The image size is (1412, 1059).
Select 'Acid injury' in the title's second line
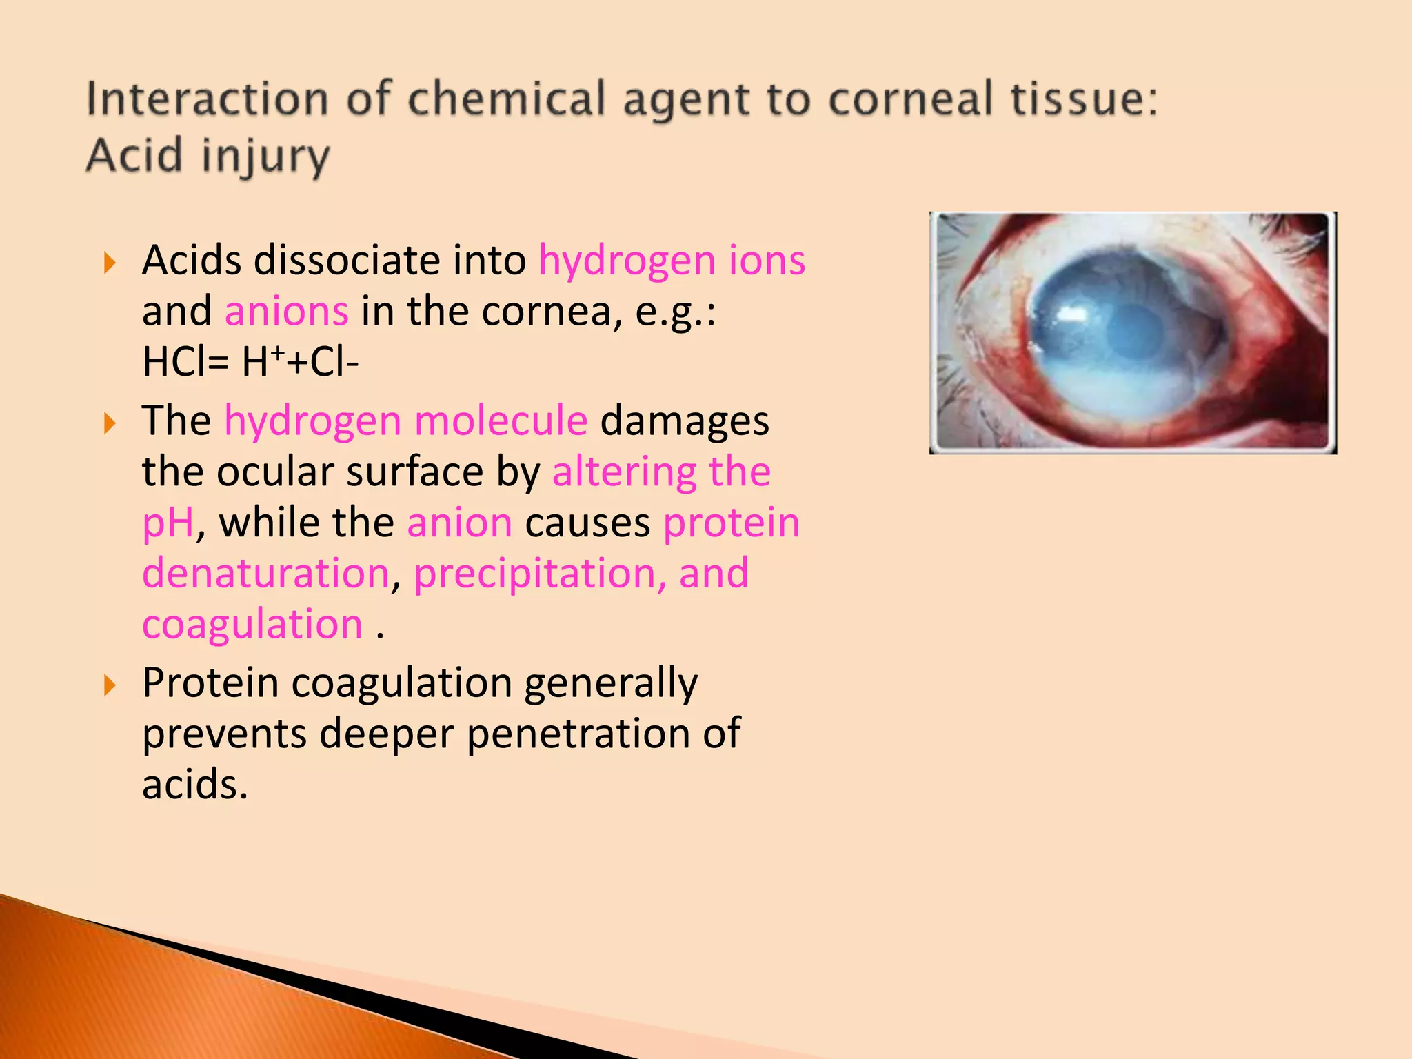coord(208,156)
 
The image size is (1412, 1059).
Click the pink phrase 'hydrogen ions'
coord(672,261)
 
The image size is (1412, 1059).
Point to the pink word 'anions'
coord(286,312)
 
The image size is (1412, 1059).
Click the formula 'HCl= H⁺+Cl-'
coord(250,362)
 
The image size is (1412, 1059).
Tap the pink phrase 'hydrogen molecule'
coord(406,421)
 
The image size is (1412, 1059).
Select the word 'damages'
coord(685,421)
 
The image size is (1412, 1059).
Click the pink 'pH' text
coord(168,523)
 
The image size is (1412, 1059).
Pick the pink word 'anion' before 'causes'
coord(460,523)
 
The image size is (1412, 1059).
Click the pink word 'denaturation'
coord(266,574)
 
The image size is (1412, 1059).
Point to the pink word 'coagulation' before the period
coord(252,625)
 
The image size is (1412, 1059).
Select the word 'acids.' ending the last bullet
coord(195,785)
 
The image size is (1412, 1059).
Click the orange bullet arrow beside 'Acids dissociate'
coord(110,263)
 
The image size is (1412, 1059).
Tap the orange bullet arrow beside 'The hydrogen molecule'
coord(110,423)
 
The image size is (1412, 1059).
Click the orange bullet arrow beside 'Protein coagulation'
coord(110,685)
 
